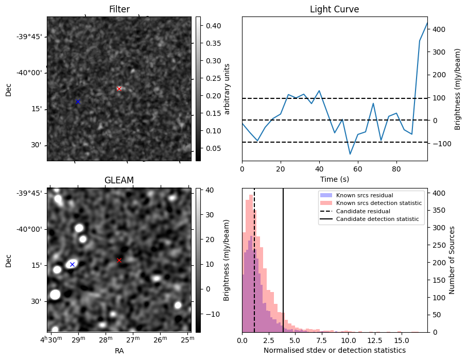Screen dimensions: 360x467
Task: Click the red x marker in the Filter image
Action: pos(119,89)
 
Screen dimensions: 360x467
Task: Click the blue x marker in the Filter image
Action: pos(78,101)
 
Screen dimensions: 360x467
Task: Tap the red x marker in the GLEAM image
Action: pos(119,260)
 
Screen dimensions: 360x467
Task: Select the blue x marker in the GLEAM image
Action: pos(72,264)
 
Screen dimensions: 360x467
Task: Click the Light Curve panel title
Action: pos(334,9)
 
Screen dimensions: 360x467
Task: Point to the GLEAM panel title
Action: pos(119,180)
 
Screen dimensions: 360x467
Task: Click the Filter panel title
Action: pos(119,9)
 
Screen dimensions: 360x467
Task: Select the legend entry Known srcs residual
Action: pos(364,195)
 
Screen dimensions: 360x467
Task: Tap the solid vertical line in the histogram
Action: pos(283,258)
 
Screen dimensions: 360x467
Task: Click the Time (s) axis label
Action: pos(334,178)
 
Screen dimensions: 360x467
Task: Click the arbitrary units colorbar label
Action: pos(227,89)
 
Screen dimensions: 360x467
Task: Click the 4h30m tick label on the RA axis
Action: pos(51,340)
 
